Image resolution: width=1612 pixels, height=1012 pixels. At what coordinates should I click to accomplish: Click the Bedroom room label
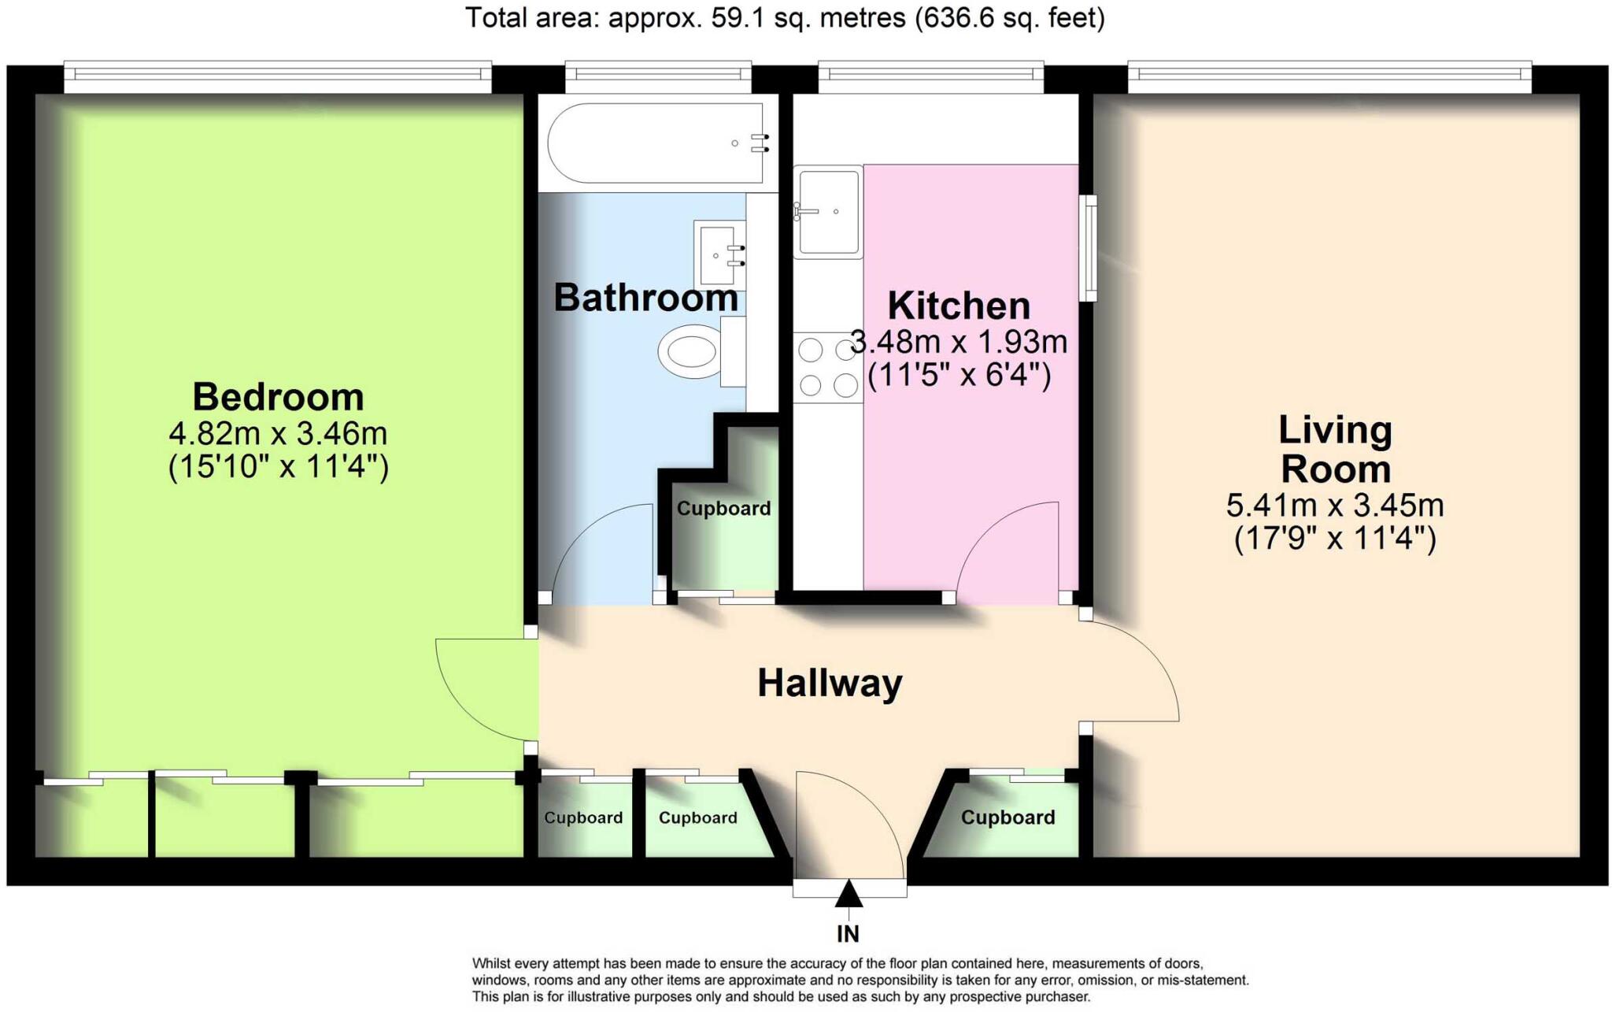(278, 396)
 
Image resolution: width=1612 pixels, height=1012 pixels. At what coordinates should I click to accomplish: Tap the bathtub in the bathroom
(656, 143)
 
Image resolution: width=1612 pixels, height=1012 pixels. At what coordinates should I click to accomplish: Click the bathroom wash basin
(719, 254)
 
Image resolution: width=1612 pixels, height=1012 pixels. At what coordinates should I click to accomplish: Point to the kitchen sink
(828, 212)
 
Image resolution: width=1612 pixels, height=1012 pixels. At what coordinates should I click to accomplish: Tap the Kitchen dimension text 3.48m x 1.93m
(959, 342)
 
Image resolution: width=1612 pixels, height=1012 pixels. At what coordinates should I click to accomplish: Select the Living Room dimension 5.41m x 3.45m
(1335, 504)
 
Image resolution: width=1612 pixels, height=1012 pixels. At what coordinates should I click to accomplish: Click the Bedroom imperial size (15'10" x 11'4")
(278, 468)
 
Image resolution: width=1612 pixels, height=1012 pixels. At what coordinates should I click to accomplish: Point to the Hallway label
(830, 683)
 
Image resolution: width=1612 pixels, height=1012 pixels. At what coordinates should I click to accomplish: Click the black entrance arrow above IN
(848, 895)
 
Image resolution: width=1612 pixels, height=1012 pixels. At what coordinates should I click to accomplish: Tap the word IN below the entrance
(848, 934)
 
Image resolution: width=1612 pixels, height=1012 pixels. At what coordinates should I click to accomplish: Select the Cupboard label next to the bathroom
(723, 509)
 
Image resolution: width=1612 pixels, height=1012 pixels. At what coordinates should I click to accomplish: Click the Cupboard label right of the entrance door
(1007, 817)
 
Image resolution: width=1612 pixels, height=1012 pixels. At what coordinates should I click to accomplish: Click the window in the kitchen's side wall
(1088, 248)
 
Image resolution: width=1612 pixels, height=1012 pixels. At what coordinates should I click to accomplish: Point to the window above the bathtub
(658, 73)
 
